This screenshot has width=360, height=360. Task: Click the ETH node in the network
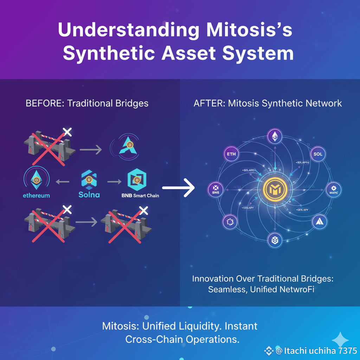click(232, 154)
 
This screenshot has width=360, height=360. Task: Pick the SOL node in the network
click(319, 154)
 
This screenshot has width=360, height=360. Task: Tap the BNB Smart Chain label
click(138, 195)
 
